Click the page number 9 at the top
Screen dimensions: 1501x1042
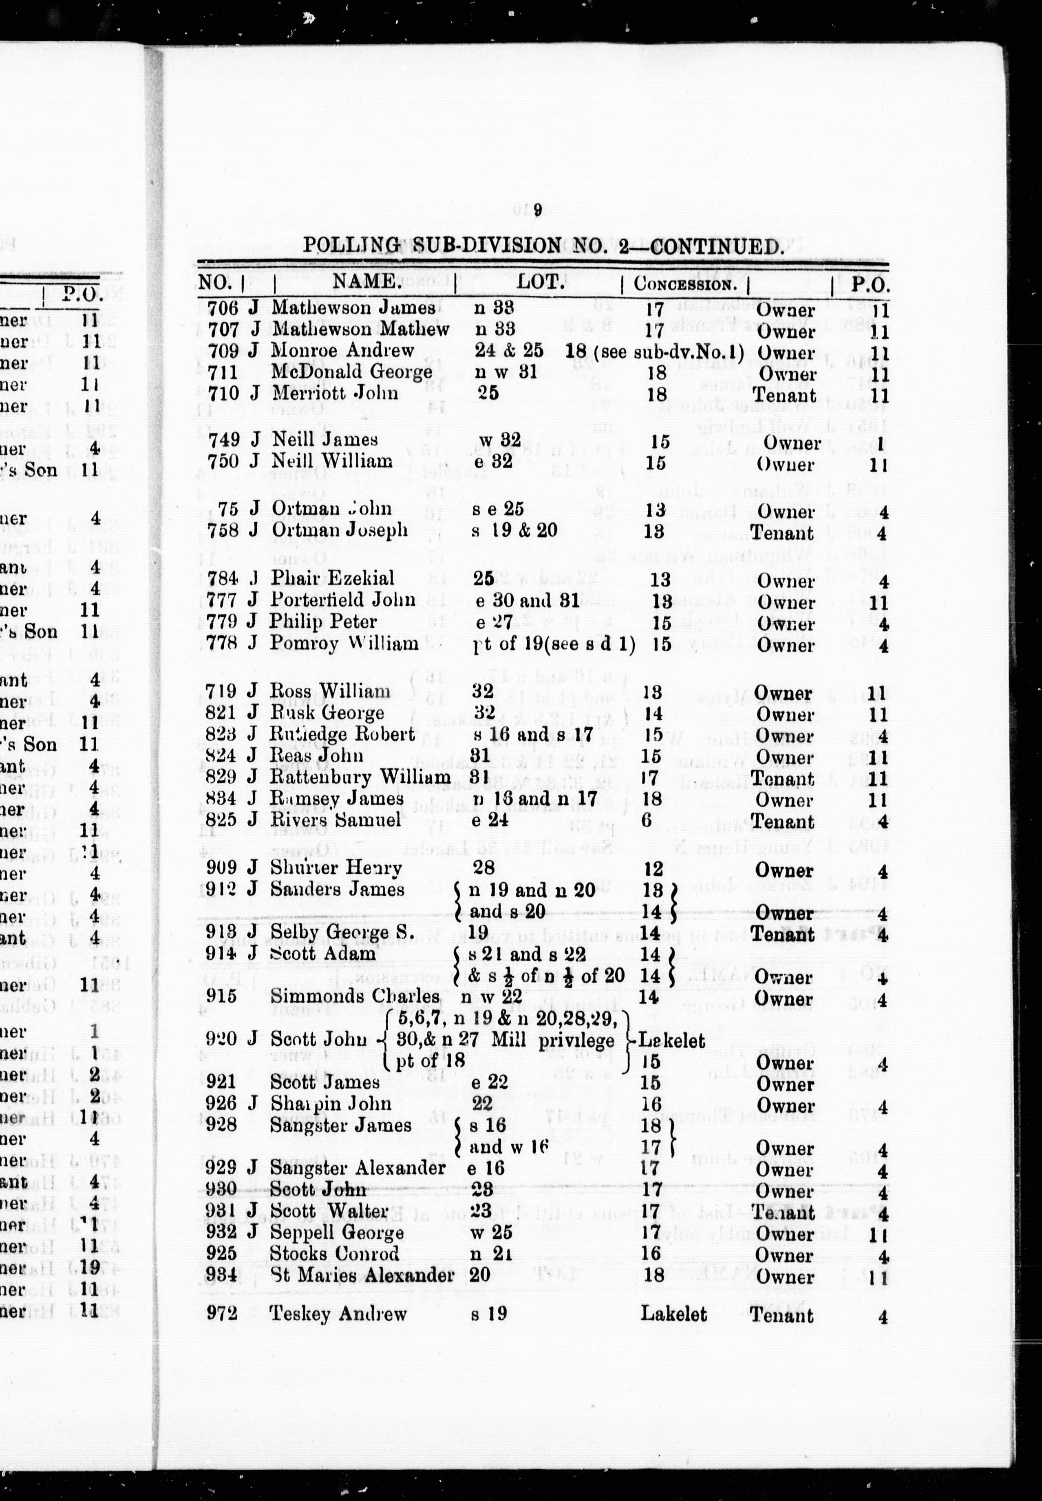click(536, 210)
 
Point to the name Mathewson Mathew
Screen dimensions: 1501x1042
click(360, 329)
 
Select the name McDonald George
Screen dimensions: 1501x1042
click(352, 373)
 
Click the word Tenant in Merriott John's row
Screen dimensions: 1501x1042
click(784, 395)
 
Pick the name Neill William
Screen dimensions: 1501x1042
click(332, 461)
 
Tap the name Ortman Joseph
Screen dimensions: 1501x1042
click(340, 530)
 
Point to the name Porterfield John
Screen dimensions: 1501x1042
click(343, 600)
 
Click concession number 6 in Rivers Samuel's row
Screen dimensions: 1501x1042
click(646, 820)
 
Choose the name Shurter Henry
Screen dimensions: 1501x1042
click(336, 868)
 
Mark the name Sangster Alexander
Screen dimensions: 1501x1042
click(358, 1168)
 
